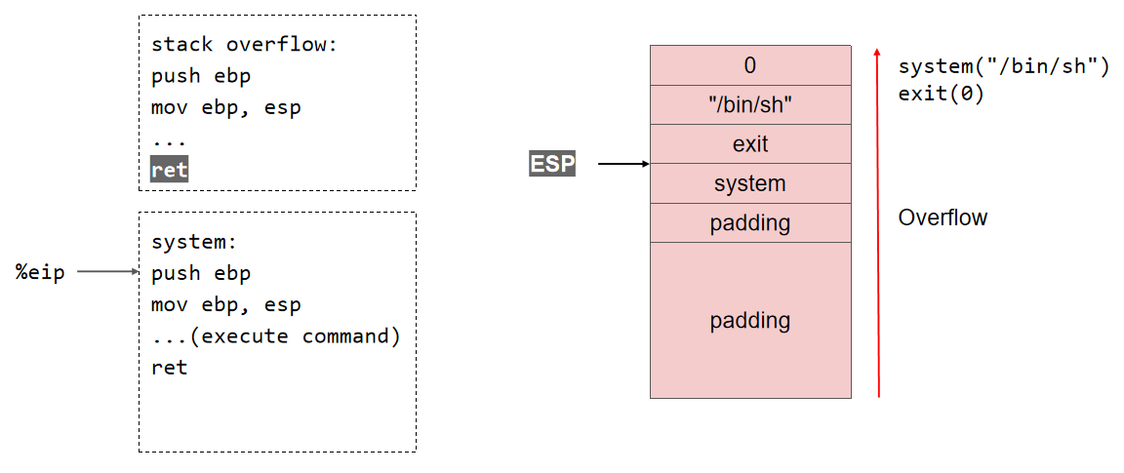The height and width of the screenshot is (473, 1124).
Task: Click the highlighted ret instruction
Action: (169, 170)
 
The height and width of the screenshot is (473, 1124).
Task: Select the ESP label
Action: (552, 164)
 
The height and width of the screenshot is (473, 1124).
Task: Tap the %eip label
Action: (40, 272)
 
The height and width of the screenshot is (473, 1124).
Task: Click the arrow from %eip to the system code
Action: (108, 272)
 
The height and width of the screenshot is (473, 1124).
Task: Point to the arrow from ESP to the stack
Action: (622, 164)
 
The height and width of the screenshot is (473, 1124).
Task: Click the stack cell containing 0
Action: (749, 65)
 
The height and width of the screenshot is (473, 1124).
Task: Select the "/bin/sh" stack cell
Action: (749, 105)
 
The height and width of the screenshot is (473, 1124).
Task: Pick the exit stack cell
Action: (749, 144)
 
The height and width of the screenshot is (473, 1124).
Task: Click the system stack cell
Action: (749, 183)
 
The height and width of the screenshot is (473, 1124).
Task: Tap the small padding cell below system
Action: (749, 223)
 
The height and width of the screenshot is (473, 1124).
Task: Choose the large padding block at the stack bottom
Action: (749, 320)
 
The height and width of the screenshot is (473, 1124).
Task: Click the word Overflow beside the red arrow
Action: (943, 217)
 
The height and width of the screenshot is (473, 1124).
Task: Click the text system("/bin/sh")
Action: (1003, 67)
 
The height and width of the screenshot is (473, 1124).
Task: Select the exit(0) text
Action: (941, 95)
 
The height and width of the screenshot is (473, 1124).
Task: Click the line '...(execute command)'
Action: (276, 336)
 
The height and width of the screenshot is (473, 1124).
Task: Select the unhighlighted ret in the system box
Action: (169, 368)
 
